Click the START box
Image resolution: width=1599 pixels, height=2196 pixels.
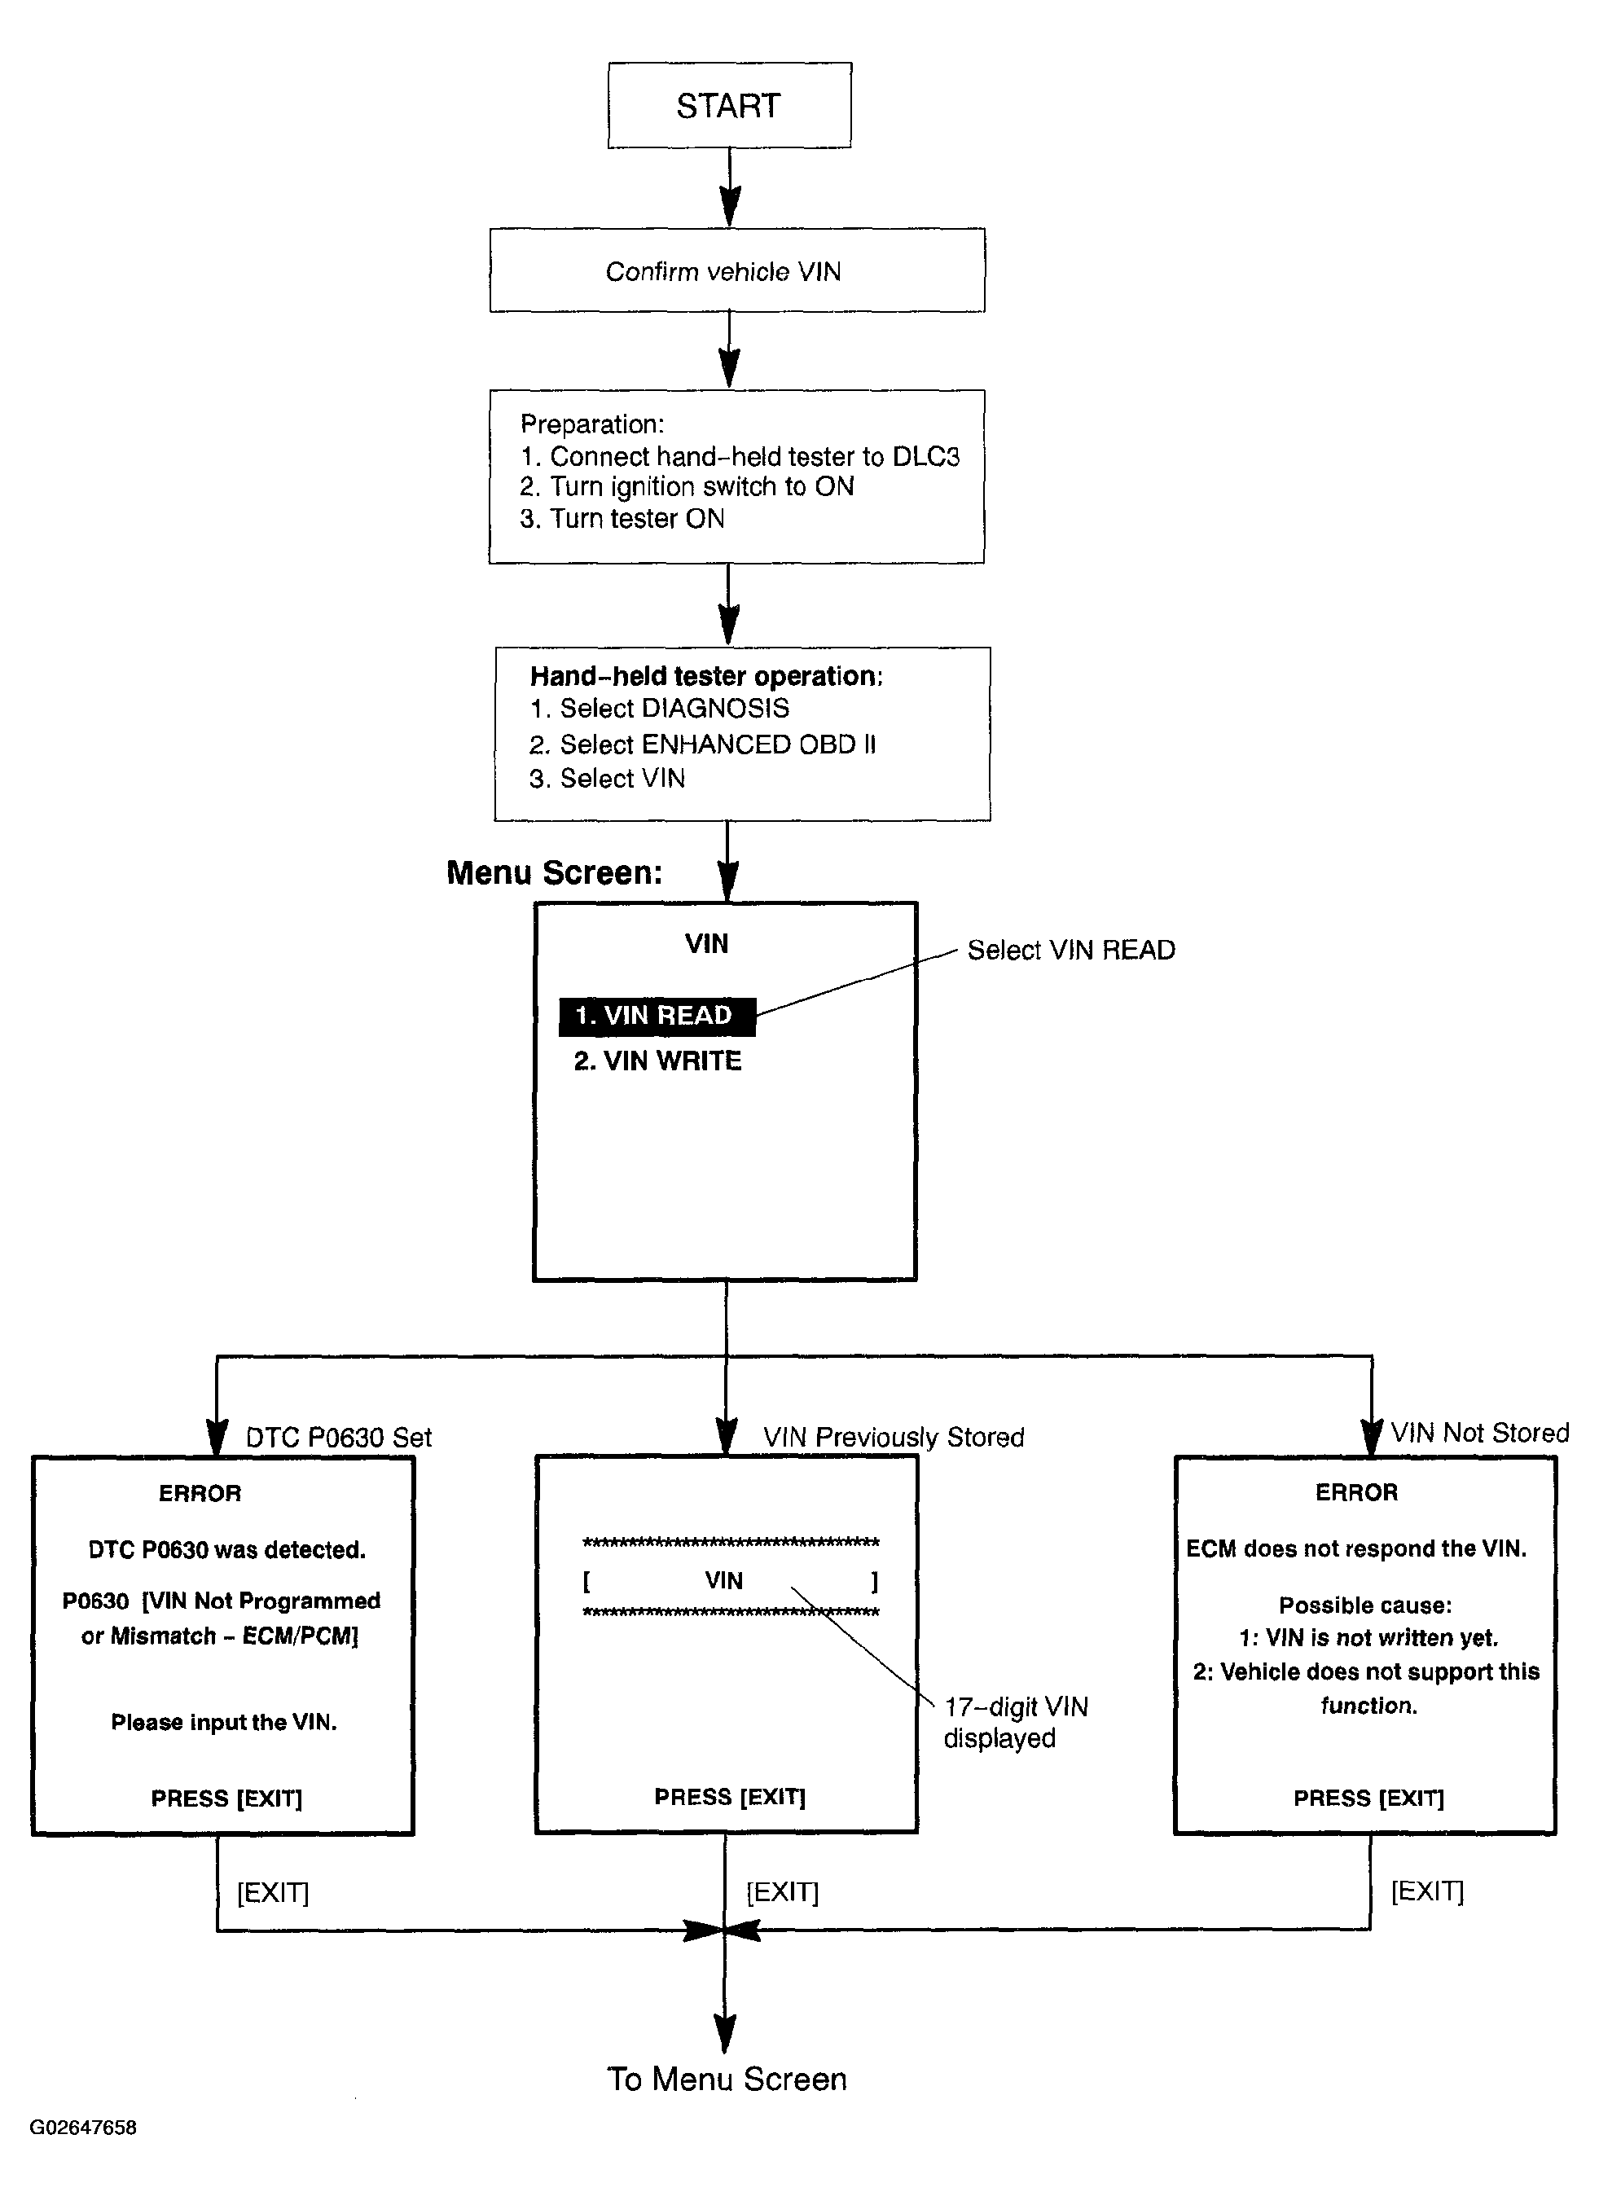click(729, 106)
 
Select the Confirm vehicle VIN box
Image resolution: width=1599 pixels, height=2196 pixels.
click(737, 270)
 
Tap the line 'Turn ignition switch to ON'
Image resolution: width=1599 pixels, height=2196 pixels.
click(687, 486)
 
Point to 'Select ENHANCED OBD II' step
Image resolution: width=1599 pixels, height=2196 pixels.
click(702, 744)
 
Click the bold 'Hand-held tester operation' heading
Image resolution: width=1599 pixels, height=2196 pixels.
click(706, 676)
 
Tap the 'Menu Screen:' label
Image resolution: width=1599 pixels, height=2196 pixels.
click(554, 872)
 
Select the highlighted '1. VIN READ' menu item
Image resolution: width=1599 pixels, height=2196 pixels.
click(657, 1016)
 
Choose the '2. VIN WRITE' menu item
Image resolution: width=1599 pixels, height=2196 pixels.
click(657, 1061)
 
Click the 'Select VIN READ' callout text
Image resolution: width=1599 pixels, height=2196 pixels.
click(1071, 950)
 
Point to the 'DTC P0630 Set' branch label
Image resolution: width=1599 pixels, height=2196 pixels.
click(338, 1437)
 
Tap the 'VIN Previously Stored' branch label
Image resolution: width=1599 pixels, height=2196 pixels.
click(893, 1437)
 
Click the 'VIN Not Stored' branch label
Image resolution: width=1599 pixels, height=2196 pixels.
click(1480, 1432)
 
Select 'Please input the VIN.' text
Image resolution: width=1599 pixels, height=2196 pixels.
click(224, 1722)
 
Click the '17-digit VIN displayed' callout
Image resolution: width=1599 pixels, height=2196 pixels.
click(1016, 1722)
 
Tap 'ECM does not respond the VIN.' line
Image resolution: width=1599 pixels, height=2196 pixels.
click(1356, 1548)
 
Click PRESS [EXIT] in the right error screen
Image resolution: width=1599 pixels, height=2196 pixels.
click(1368, 1798)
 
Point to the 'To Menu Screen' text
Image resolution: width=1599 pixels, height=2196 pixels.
click(727, 2079)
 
